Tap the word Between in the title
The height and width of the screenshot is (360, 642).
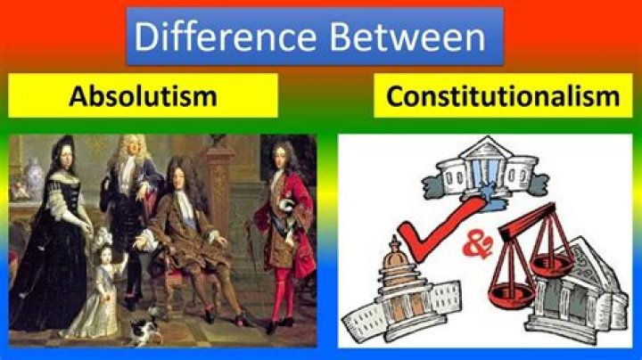(x=407, y=37)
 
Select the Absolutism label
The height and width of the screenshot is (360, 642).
(x=143, y=96)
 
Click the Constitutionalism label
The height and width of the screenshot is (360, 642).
(x=503, y=96)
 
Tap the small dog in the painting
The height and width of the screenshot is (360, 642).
(x=144, y=328)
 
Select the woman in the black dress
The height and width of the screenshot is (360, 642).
(x=51, y=237)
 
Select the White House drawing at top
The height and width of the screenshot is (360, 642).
(x=486, y=172)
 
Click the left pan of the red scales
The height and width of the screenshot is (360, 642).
(x=510, y=294)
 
